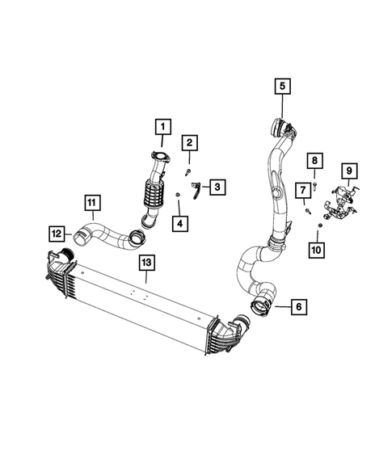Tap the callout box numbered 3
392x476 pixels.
click(219, 187)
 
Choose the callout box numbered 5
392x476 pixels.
click(283, 85)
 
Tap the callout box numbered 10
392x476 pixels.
click(317, 251)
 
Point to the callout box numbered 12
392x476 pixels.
click(55, 234)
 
